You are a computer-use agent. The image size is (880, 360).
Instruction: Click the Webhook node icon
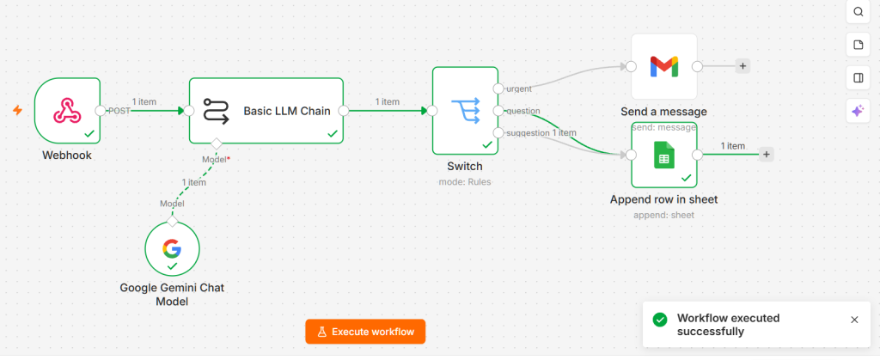tap(67, 110)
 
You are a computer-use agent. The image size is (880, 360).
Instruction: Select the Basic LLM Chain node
tap(266, 111)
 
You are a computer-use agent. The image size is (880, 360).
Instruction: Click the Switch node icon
tap(465, 111)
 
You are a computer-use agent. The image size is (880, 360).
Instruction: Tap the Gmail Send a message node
tap(664, 67)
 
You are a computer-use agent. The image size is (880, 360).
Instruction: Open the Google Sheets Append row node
tap(664, 155)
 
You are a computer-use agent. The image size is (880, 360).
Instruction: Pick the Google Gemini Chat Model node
tap(172, 248)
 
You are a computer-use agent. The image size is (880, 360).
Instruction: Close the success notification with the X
tap(854, 320)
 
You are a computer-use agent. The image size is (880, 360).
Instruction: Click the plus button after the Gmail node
tap(742, 66)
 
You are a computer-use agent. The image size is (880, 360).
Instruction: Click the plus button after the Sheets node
tap(766, 154)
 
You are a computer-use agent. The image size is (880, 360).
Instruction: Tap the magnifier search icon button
tap(859, 12)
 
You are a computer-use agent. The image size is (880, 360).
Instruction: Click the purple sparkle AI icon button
tap(859, 111)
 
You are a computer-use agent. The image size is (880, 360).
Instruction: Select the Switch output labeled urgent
tap(518, 88)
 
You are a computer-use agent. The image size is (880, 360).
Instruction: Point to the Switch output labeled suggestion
tap(529, 133)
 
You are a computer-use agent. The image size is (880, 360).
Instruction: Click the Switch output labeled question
tap(523, 111)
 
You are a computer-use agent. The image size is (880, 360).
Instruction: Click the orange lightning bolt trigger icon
tap(18, 111)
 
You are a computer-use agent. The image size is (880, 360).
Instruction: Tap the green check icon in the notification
tap(660, 320)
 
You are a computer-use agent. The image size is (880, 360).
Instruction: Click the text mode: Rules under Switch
tap(465, 181)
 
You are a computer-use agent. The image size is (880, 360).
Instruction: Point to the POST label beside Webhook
tap(119, 111)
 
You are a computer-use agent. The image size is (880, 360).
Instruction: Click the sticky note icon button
tap(859, 45)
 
